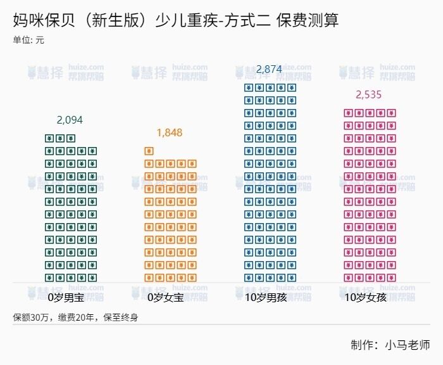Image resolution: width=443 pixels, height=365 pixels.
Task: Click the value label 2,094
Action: [x=70, y=120]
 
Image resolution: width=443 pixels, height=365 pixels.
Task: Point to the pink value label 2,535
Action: [x=369, y=95]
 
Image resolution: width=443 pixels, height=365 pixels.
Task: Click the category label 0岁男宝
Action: [x=66, y=297]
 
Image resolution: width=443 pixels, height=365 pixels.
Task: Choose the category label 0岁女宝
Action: [x=165, y=297]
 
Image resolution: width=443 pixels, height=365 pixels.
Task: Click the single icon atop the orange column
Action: [x=149, y=151]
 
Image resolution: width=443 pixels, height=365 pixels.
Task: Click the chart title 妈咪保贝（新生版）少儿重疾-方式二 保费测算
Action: [x=176, y=20]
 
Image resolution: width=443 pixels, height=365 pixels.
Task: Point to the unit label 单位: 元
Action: [x=28, y=41]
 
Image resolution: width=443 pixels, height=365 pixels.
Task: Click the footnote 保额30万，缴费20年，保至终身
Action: [x=75, y=317]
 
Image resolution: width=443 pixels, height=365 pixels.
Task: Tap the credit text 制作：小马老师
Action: [x=390, y=345]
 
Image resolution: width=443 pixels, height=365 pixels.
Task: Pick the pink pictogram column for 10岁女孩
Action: [x=369, y=195]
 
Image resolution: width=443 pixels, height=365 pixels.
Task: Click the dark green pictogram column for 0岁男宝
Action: [x=71, y=208]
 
